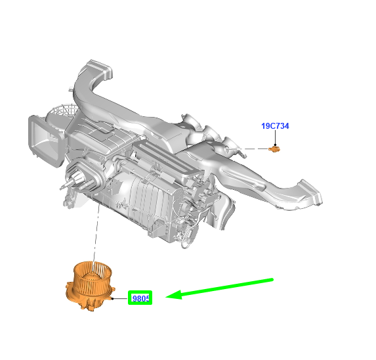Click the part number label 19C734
pos(275,126)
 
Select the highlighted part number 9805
pos(141,298)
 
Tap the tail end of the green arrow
pos(272,280)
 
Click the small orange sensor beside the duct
pos(274,149)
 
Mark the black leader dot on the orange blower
pos(112,298)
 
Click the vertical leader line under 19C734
pos(276,137)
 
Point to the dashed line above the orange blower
pos(96,233)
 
